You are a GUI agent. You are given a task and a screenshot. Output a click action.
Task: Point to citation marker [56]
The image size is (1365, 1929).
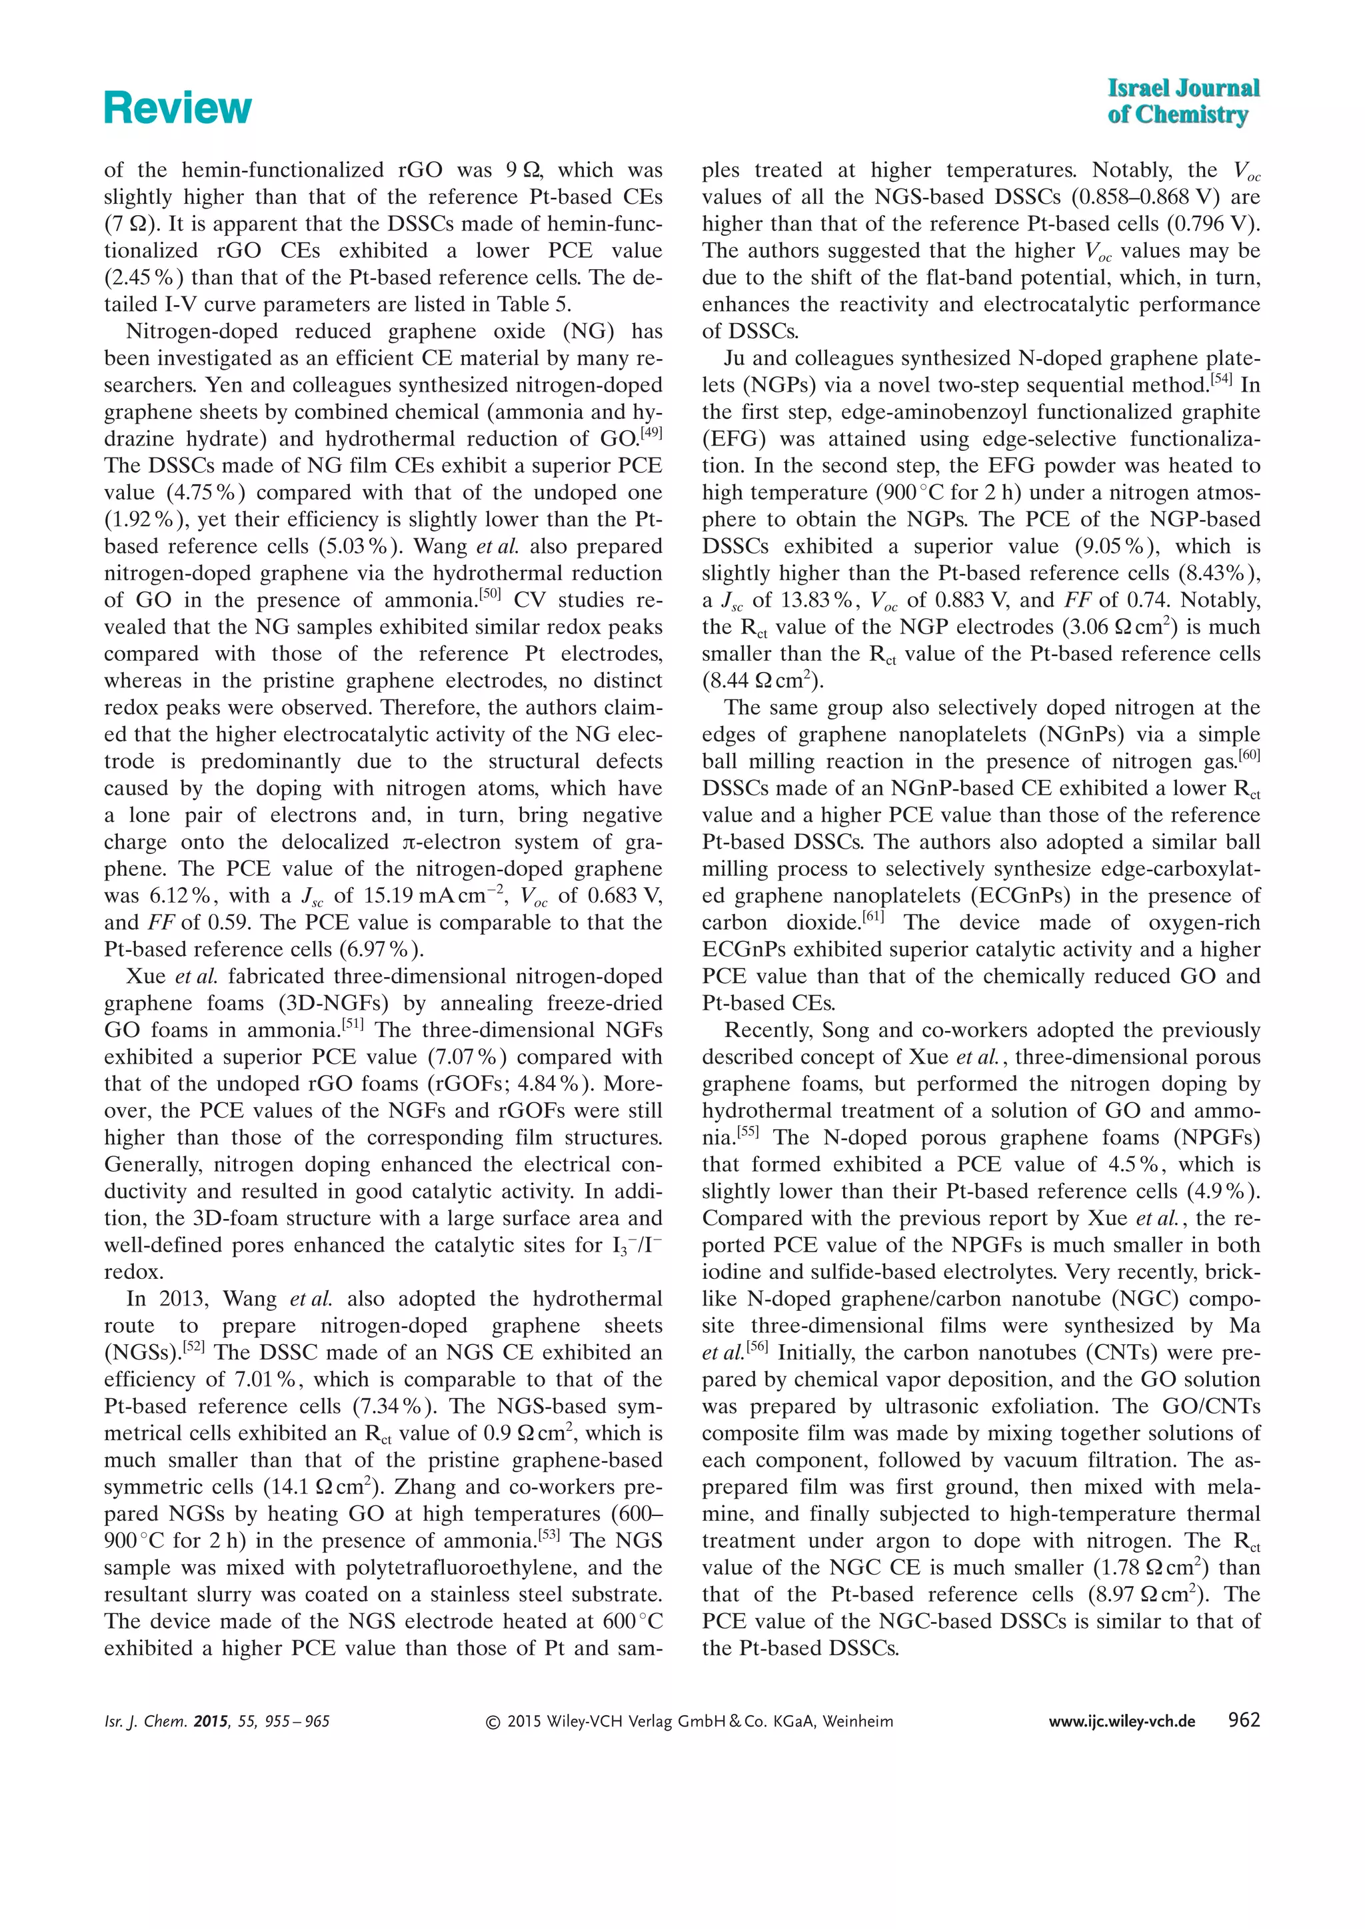pyautogui.click(x=757, y=1347)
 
